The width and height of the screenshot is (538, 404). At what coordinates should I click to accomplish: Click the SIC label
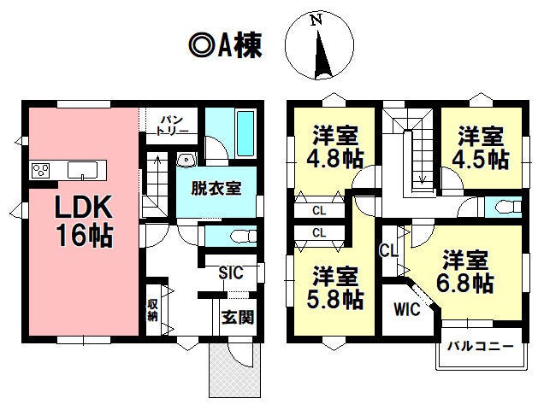click(231, 273)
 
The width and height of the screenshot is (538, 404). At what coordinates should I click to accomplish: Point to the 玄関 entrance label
click(237, 317)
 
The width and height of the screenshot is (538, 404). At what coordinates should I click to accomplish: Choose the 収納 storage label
click(152, 309)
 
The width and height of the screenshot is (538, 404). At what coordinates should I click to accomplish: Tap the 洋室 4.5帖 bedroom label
click(480, 146)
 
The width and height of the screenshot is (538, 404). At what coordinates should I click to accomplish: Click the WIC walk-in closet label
click(407, 309)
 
